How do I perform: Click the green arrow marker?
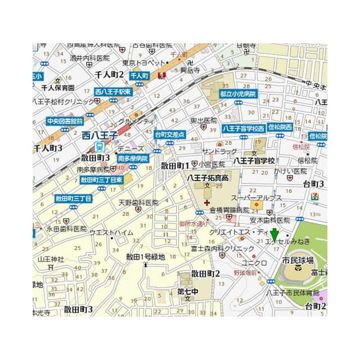click(274, 234)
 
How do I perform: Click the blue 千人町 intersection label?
click(138, 75)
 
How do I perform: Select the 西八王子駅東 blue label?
click(113, 92)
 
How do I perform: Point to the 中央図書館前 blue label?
click(65, 121)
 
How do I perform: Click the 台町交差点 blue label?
click(169, 134)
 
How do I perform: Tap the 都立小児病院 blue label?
click(238, 94)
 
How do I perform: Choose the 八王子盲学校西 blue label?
click(244, 128)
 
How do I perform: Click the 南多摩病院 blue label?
click(133, 159)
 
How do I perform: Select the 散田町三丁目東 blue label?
click(101, 180)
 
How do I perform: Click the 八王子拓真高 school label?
click(208, 178)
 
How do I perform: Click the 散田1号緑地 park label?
click(145, 257)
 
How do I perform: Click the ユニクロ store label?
click(253, 263)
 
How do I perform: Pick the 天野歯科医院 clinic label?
click(138, 202)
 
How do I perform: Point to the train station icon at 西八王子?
click(100, 146)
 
